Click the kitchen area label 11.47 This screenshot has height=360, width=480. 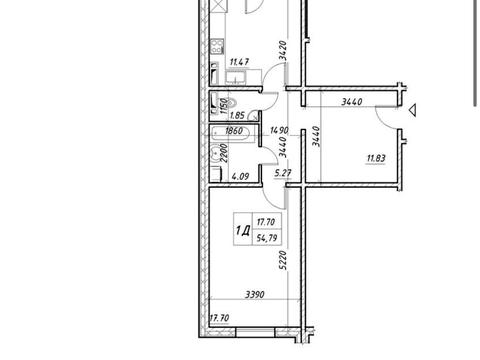[239, 62]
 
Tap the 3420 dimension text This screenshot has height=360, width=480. [283, 50]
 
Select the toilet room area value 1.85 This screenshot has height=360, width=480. [237, 115]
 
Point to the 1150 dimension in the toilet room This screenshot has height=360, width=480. [224, 105]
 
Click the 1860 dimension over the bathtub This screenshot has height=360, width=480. [234, 131]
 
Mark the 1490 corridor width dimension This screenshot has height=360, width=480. [279, 130]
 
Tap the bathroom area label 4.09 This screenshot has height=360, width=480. [240, 176]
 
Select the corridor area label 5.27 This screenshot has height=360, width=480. [283, 173]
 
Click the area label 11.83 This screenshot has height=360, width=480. [376, 158]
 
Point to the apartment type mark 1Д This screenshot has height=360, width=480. [243, 230]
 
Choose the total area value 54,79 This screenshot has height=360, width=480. [267, 238]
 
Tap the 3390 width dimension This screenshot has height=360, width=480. [255, 295]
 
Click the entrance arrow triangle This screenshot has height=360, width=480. [413, 110]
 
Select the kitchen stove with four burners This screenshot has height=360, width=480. [217, 46]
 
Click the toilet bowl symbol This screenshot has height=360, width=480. [231, 103]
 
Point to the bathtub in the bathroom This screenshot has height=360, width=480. [230, 134]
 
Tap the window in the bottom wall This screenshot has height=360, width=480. [255, 332]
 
